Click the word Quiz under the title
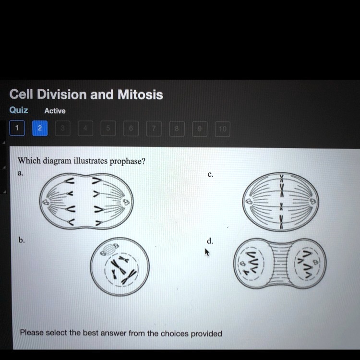[19, 110]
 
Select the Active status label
[55, 111]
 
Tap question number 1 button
[17, 128]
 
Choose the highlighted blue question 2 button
[40, 128]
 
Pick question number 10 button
[222, 129]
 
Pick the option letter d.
[210, 240]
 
